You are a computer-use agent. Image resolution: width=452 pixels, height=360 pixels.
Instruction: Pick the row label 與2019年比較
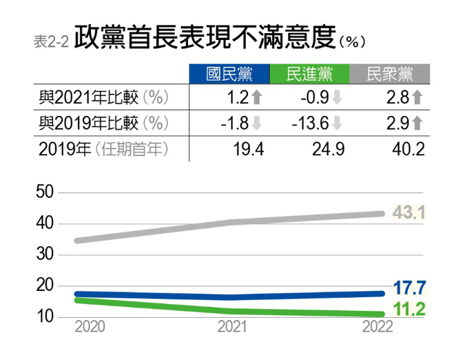click(103, 123)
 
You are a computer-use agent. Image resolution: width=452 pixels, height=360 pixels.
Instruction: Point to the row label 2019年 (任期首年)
click(103, 148)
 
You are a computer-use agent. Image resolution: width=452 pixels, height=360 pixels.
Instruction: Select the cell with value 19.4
click(249, 149)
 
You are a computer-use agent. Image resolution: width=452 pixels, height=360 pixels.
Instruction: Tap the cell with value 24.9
click(328, 149)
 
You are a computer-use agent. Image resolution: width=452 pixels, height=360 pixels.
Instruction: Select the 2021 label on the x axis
click(232, 327)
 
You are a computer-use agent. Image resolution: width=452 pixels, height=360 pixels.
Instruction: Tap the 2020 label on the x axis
click(90, 327)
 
